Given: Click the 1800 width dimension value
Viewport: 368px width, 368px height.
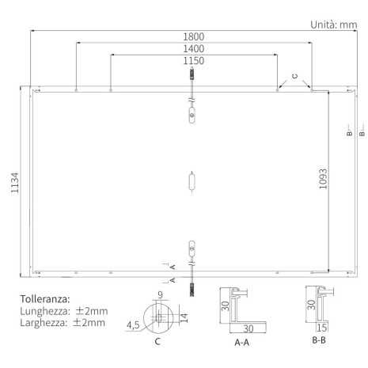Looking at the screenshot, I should point(193,36).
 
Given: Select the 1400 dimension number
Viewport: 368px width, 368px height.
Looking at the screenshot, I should point(193,49).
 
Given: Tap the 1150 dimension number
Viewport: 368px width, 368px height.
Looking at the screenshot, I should point(193,61).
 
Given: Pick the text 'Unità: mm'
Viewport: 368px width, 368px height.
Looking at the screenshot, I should point(333,25).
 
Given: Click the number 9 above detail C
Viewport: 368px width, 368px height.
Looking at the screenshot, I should point(160,295).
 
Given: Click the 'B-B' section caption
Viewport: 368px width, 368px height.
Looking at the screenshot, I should point(319,340).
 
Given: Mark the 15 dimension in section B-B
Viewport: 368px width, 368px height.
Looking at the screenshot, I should point(321,326).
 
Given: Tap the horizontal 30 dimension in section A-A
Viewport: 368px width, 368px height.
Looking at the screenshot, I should point(248,328).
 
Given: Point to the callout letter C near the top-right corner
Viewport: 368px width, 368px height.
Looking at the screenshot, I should point(294,76).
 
